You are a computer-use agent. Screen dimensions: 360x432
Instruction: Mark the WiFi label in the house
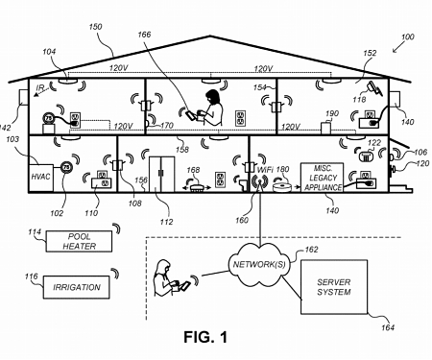(262, 169)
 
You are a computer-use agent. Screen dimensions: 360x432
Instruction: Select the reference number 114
(36, 232)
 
